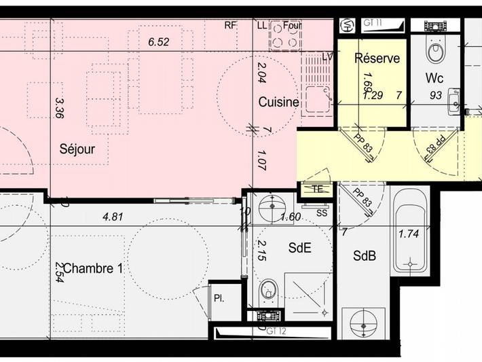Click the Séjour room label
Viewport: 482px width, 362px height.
point(77,149)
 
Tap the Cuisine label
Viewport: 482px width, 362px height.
point(278,102)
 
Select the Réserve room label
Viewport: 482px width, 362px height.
point(377,58)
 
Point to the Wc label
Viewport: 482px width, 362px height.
point(434,77)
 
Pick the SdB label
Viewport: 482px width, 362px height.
point(365,256)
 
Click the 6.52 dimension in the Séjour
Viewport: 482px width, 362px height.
point(158,41)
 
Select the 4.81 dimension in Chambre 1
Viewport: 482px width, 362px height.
point(113,217)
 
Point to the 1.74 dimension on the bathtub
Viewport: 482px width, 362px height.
point(409,234)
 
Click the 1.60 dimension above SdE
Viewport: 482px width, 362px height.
point(291,217)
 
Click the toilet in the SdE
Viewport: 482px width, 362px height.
point(269,290)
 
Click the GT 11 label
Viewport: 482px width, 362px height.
point(374,23)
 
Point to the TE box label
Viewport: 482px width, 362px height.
point(316,189)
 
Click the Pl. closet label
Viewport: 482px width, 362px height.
point(219,297)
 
